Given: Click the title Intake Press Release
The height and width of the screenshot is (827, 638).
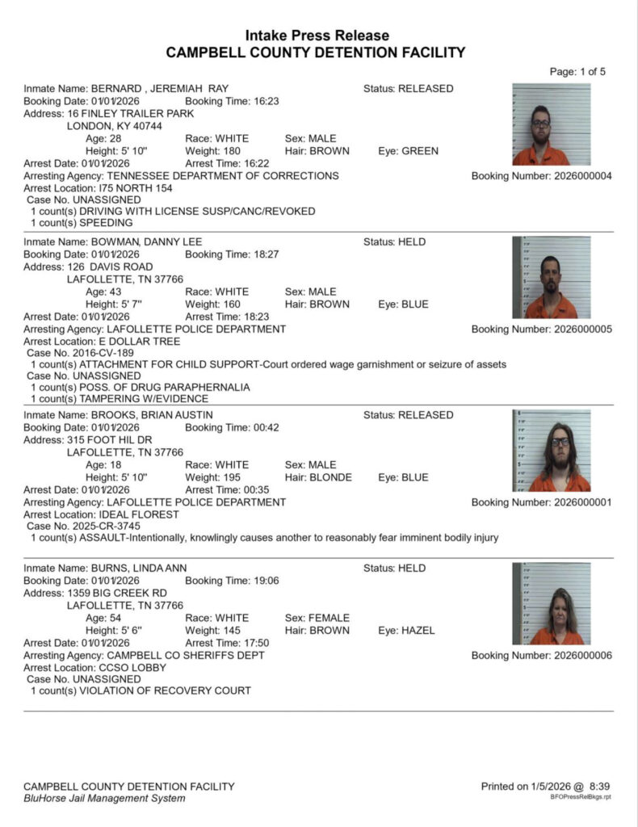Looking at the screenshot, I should click(317, 36).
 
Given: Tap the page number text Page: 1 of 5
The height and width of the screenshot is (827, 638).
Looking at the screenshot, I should click(577, 72).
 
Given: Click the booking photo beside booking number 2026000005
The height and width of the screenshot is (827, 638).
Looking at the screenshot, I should click(551, 277).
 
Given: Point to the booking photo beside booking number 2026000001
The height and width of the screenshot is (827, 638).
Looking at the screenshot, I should click(551, 451).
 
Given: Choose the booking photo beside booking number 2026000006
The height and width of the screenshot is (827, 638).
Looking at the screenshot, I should click(551, 603).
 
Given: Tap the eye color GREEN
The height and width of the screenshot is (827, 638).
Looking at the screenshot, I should click(420, 151).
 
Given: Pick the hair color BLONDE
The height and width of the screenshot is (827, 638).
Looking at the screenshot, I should click(330, 477).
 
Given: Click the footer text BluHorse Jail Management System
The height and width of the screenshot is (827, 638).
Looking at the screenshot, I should click(104, 798).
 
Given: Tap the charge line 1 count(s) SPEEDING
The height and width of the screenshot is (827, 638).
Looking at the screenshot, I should click(82, 222).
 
